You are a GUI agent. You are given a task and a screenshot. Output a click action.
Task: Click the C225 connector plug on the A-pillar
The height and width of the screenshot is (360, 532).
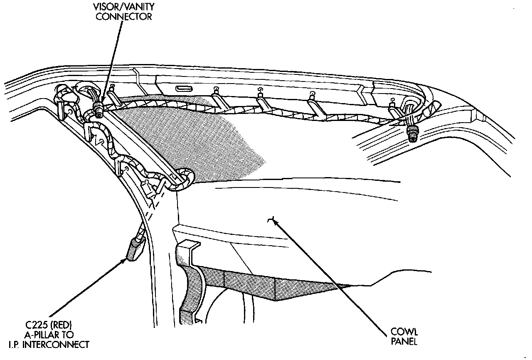coord(133,250)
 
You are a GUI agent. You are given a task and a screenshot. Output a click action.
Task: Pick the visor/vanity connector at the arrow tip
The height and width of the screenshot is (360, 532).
coord(99,111)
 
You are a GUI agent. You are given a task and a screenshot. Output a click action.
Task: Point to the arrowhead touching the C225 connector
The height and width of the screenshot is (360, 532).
coord(125,260)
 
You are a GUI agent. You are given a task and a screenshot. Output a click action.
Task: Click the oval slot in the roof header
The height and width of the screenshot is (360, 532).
coord(183,88)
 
